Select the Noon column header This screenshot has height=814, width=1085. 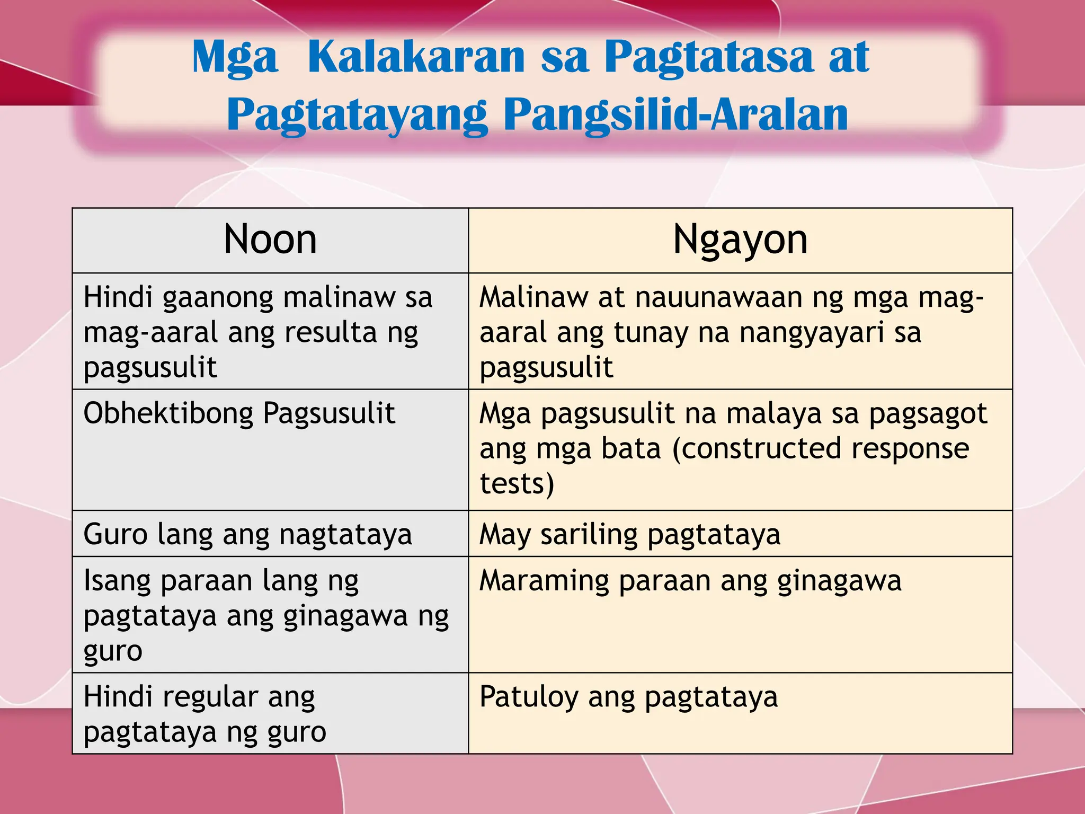270,240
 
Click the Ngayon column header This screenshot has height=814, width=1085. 740,240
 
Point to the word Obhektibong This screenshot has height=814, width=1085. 168,413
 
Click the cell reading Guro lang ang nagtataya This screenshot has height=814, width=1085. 247,534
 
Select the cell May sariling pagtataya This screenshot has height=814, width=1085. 629,534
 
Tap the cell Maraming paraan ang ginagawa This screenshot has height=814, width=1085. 690,580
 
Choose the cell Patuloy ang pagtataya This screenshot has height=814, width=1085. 628,696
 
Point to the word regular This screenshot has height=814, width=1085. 210,697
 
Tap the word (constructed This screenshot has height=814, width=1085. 756,449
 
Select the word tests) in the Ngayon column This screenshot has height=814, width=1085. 517,484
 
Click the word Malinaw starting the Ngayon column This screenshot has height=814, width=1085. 533,297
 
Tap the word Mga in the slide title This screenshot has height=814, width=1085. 235,58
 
